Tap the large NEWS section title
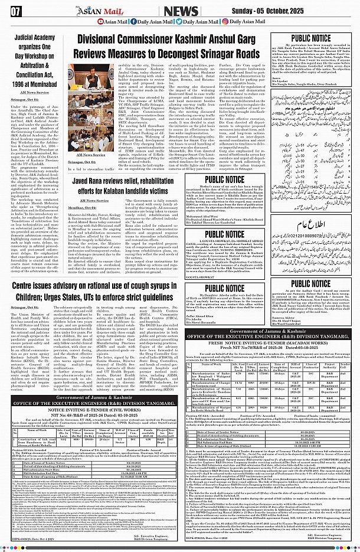(x=181, y=11)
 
